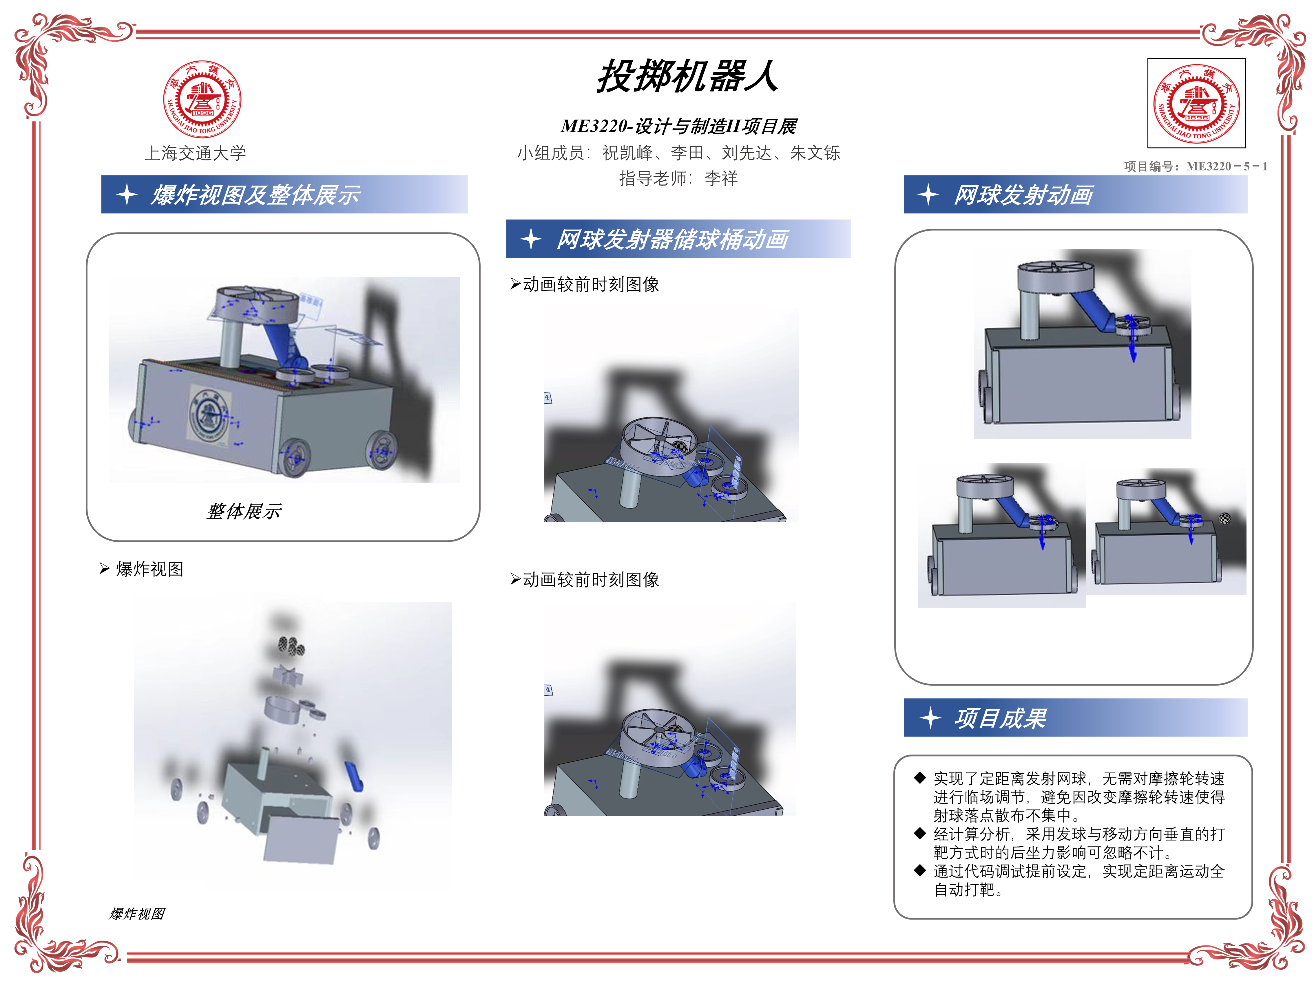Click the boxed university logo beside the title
[1196, 103]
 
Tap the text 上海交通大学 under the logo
[196, 153]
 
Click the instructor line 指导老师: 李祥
[678, 178]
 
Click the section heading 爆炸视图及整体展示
[256, 195]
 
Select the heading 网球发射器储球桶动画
[672, 239]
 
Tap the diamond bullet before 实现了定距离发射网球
[920, 777]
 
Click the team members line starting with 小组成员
[678, 153]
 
